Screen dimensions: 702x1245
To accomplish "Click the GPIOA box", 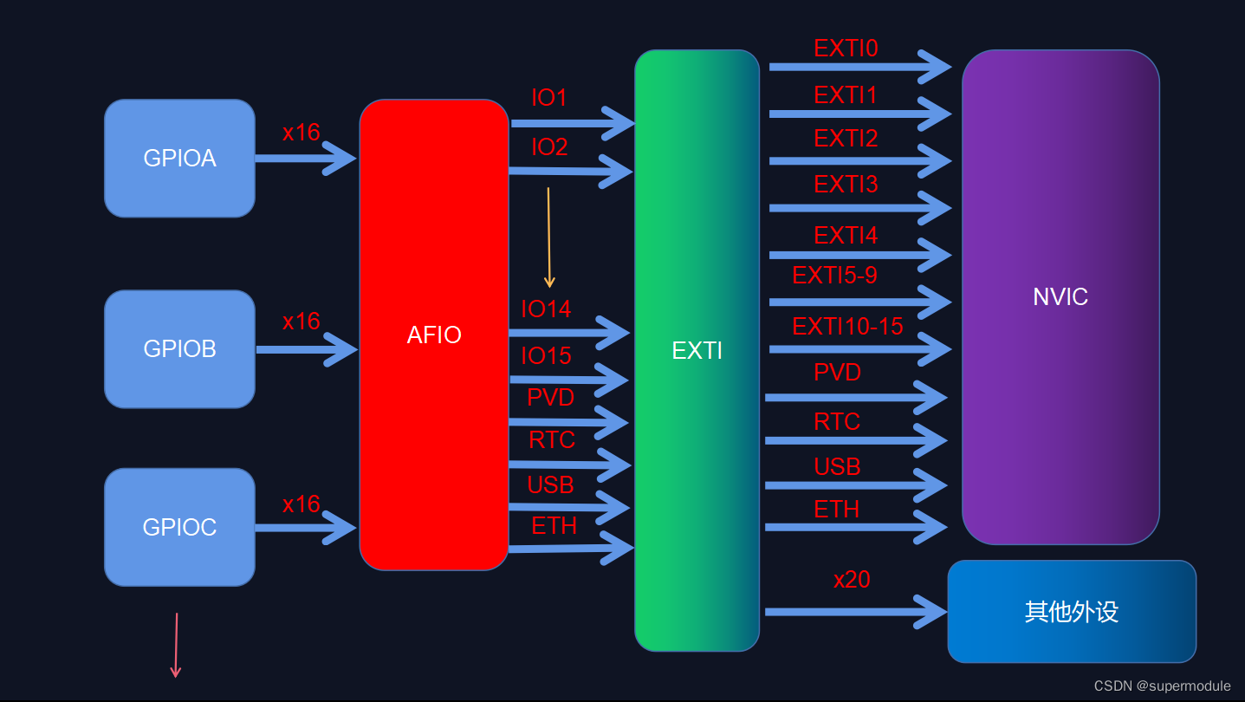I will pyautogui.click(x=179, y=159).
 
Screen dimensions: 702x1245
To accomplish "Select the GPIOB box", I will pyautogui.click(x=179, y=348).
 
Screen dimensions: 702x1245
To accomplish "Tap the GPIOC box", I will pyautogui.click(x=179, y=527).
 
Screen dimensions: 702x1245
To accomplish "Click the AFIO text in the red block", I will pyautogui.click(x=434, y=335).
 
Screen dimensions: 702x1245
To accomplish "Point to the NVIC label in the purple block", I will pyautogui.click(x=1060, y=296).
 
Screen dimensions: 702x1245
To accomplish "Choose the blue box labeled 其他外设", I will pyautogui.click(x=1072, y=612).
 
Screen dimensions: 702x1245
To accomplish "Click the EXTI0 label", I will pyautogui.click(x=846, y=49).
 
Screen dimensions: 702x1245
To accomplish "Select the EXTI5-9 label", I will pyautogui.click(x=834, y=276).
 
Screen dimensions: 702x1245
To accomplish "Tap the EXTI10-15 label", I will pyautogui.click(x=847, y=327).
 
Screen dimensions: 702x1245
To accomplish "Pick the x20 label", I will pyautogui.click(x=852, y=580).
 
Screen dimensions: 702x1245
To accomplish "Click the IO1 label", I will pyautogui.click(x=549, y=98).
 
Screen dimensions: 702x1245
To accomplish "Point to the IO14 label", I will pyautogui.click(x=546, y=309).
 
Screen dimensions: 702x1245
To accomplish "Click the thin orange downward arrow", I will pyautogui.click(x=548, y=237).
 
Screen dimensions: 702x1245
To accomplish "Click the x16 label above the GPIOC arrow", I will pyautogui.click(x=301, y=504).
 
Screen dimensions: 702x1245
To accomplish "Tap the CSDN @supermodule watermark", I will pyautogui.click(x=1162, y=686).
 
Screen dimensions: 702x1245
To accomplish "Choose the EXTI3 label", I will pyautogui.click(x=846, y=185).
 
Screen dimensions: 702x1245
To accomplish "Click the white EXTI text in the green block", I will pyautogui.click(x=697, y=350).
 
